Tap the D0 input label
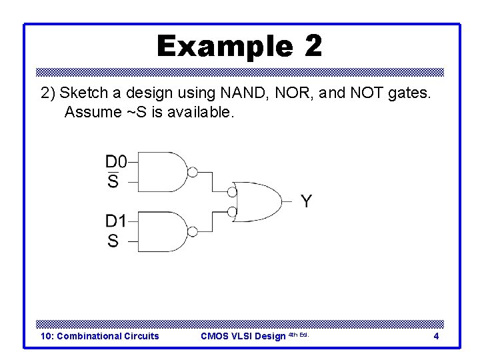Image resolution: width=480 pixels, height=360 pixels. (x=115, y=161)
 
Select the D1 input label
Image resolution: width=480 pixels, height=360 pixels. (x=115, y=221)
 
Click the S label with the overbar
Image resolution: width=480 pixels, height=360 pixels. (x=113, y=181)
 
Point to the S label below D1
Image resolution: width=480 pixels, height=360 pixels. (x=113, y=241)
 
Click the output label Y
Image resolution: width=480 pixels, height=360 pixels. (x=305, y=201)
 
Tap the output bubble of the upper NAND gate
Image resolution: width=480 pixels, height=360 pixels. (x=192, y=173)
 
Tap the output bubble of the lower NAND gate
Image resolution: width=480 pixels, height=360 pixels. (x=192, y=232)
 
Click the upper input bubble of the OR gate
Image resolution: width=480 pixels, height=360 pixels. (x=232, y=192)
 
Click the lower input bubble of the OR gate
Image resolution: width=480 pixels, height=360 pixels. (x=232, y=213)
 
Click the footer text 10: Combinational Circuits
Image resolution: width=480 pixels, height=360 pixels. (x=100, y=336)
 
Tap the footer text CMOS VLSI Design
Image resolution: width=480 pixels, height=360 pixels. (x=243, y=336)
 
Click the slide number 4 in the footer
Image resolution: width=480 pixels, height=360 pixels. (x=436, y=336)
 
